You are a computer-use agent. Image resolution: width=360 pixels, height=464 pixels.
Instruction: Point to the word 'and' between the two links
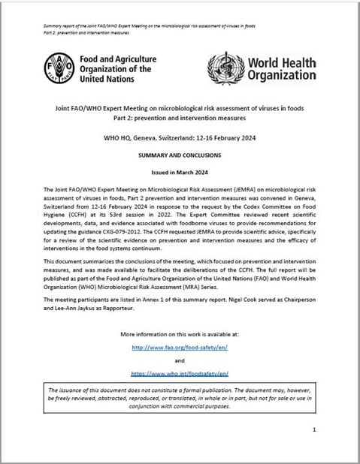179,360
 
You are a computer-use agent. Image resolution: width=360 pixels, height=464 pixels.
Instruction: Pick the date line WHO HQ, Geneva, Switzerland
179,137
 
